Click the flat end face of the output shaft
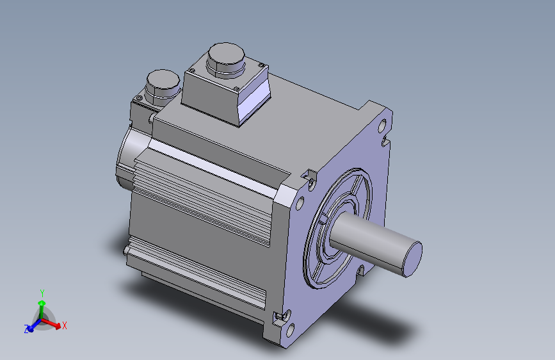click(413, 259)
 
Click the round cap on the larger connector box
click(226, 57)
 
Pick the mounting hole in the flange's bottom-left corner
click(290, 331)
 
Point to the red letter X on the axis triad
click(65, 325)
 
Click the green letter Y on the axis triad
click(42, 293)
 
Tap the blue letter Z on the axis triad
click(26, 329)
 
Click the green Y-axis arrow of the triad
click(42, 311)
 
